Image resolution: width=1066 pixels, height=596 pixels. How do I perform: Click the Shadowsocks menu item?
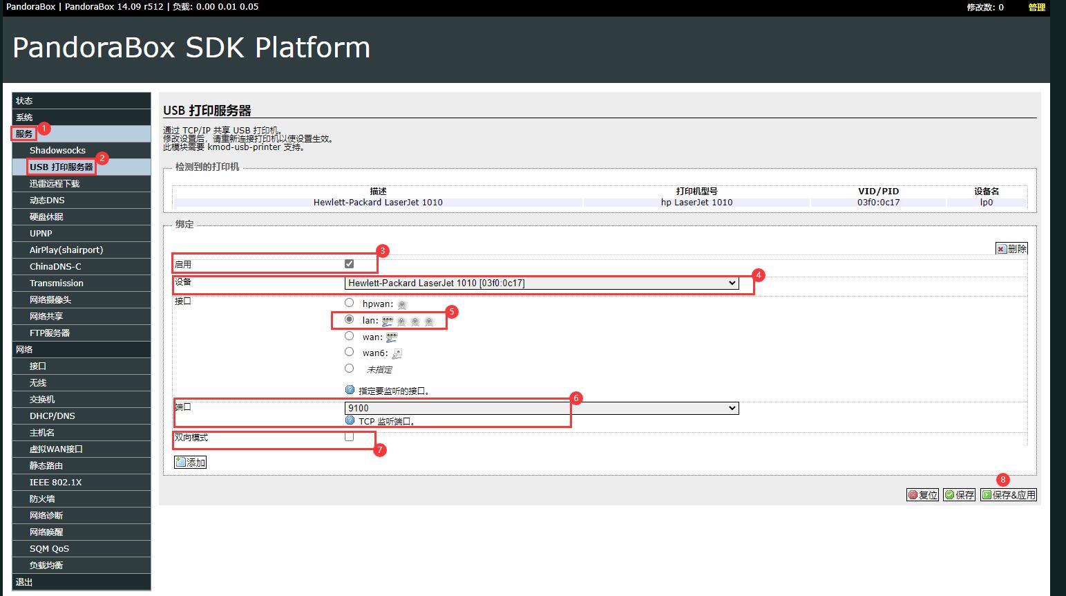pyautogui.click(x=57, y=151)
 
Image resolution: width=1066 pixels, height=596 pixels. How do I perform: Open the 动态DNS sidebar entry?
pyautogui.click(x=47, y=200)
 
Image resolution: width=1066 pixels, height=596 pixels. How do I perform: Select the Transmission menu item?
pyautogui.click(x=56, y=283)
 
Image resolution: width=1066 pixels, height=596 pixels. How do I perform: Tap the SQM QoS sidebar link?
pyautogui.click(x=49, y=548)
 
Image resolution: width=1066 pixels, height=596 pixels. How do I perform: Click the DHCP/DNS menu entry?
pyautogui.click(x=53, y=416)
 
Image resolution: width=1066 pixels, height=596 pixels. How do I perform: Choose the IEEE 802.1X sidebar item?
pyautogui.click(x=56, y=482)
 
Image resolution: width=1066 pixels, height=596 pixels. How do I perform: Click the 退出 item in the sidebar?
pyautogui.click(x=24, y=581)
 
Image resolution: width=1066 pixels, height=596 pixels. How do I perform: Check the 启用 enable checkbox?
pyautogui.click(x=350, y=263)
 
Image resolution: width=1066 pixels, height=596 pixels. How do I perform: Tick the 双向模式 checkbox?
pyautogui.click(x=350, y=437)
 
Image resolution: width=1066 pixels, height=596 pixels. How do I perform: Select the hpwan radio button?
pyautogui.click(x=350, y=303)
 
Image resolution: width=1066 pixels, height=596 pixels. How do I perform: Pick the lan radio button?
pyautogui.click(x=350, y=319)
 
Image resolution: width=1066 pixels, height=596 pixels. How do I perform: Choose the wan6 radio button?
pyautogui.click(x=350, y=352)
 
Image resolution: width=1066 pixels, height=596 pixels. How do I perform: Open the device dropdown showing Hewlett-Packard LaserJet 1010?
pyautogui.click(x=542, y=283)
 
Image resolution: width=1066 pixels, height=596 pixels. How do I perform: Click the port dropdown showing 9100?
pyautogui.click(x=542, y=408)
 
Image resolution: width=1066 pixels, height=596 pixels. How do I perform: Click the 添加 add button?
pyautogui.click(x=191, y=462)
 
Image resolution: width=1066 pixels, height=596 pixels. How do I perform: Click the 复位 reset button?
pyautogui.click(x=923, y=495)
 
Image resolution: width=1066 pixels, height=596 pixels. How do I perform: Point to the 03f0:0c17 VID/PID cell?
pyautogui.click(x=879, y=202)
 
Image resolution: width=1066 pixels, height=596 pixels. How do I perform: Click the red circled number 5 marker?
pyautogui.click(x=452, y=312)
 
